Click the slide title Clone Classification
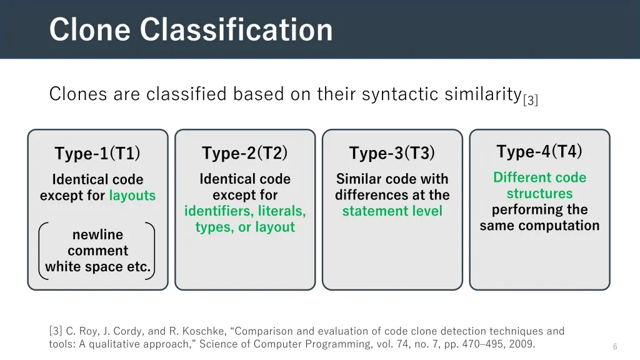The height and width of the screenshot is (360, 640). (x=191, y=29)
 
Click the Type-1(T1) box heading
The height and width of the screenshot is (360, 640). (x=97, y=153)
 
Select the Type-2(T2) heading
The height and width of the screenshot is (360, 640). (x=244, y=152)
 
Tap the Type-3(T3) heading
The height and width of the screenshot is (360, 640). (x=392, y=153)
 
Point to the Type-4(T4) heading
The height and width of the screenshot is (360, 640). (x=539, y=151)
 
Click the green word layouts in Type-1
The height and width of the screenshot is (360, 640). (x=132, y=196)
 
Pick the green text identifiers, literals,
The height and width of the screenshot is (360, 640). (x=245, y=211)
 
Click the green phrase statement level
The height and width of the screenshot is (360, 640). (x=392, y=211)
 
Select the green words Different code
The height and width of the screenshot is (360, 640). (x=539, y=177)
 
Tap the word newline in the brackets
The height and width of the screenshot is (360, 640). (x=97, y=235)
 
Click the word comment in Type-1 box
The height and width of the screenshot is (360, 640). (x=97, y=251)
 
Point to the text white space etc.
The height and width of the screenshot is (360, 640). (x=97, y=267)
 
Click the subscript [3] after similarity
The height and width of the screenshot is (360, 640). (x=531, y=100)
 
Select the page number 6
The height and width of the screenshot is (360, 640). (x=615, y=346)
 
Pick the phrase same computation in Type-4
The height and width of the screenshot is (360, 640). (x=539, y=226)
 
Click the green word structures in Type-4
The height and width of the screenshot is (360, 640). (x=539, y=194)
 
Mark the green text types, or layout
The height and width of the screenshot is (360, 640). (x=245, y=227)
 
